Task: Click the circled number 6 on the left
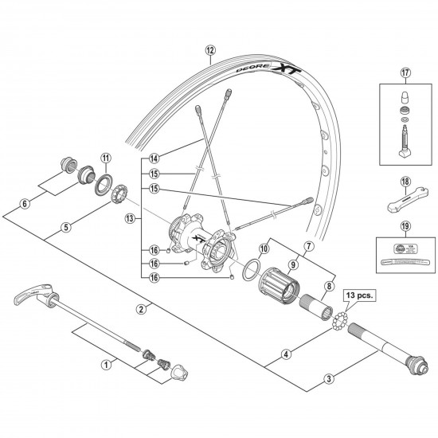(x=25, y=203)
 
